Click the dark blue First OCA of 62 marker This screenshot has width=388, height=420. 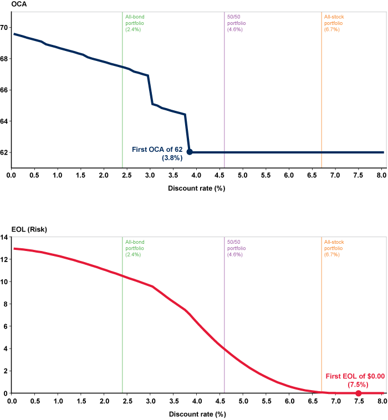click(190, 152)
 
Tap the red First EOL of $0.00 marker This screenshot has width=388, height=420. click(359, 393)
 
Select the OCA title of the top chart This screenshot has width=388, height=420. click(7, 6)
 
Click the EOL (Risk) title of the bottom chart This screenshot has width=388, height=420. click(18, 229)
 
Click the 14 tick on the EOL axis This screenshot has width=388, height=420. click(4, 237)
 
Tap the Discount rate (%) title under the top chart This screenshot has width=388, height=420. click(196, 188)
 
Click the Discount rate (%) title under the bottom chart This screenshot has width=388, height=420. click(196, 413)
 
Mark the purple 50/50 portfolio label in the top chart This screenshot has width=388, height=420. click(237, 23)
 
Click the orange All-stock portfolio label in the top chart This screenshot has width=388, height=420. click(334, 23)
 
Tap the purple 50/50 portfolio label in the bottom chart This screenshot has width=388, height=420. click(237, 248)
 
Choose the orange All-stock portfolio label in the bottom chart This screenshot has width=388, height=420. click(334, 248)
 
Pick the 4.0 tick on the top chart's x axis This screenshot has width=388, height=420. click(196, 176)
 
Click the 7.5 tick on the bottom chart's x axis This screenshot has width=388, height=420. click(359, 401)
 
